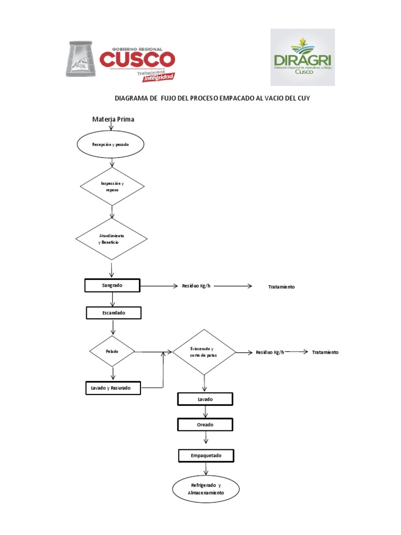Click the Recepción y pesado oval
point(110,144)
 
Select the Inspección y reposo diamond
point(112,187)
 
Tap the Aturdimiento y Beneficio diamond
point(112,239)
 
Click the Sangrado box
point(112,285)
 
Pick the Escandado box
point(113,313)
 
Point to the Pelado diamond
point(112,352)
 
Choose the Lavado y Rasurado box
point(113,388)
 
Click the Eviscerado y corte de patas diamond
point(204,352)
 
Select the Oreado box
point(205,425)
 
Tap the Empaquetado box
point(206,456)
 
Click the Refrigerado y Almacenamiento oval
point(206,489)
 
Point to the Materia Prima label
point(113,119)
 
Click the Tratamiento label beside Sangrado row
point(281,287)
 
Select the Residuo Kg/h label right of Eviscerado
point(270,352)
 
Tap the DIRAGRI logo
point(302,57)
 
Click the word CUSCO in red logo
point(137,59)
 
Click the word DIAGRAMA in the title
point(132,98)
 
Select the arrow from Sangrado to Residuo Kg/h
point(159,286)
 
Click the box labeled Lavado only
point(205,399)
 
